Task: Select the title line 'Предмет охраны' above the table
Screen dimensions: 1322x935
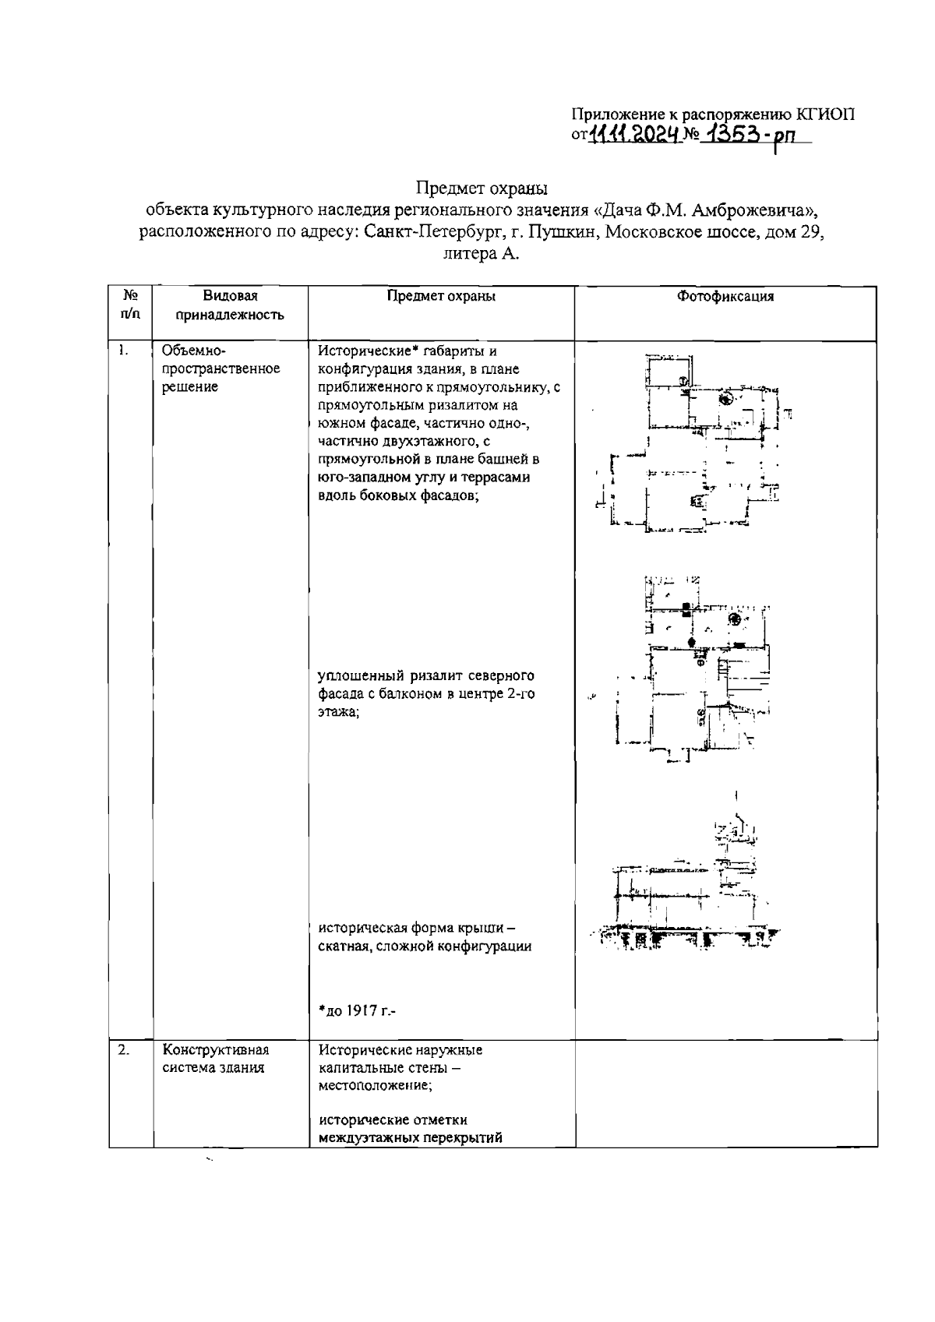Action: click(x=482, y=188)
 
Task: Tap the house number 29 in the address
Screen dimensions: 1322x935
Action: click(x=810, y=232)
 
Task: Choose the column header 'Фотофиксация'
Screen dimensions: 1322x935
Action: click(x=725, y=297)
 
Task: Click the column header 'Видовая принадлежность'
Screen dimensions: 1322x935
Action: click(x=230, y=305)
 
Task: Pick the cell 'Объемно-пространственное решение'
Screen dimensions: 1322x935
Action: click(x=221, y=368)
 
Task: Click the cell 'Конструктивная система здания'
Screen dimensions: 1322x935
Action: click(x=216, y=1059)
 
